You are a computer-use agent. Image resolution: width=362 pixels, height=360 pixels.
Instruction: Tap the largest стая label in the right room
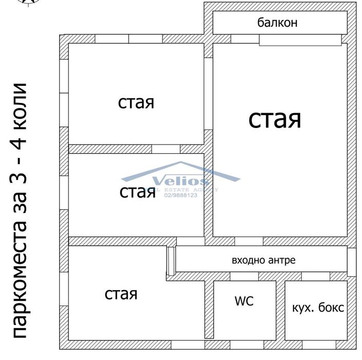pyautogui.click(x=275, y=119)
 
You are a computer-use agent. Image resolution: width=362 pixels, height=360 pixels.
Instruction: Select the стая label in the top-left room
pyautogui.click(x=136, y=102)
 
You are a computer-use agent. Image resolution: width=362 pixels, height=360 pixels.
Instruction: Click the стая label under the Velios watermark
pyautogui.click(x=137, y=192)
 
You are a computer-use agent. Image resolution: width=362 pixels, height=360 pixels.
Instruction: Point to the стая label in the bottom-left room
pyautogui.click(x=121, y=294)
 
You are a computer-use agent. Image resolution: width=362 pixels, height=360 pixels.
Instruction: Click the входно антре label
pyautogui.click(x=264, y=260)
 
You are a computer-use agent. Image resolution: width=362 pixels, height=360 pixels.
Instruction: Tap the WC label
pyautogui.click(x=244, y=301)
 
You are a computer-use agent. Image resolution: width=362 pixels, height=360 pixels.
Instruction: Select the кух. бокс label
pyautogui.click(x=318, y=308)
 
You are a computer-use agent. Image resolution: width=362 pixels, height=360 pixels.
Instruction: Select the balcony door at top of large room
pyautogui.click(x=300, y=40)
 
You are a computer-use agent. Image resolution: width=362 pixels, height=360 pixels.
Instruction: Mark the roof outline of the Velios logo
pyautogui.click(x=180, y=167)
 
